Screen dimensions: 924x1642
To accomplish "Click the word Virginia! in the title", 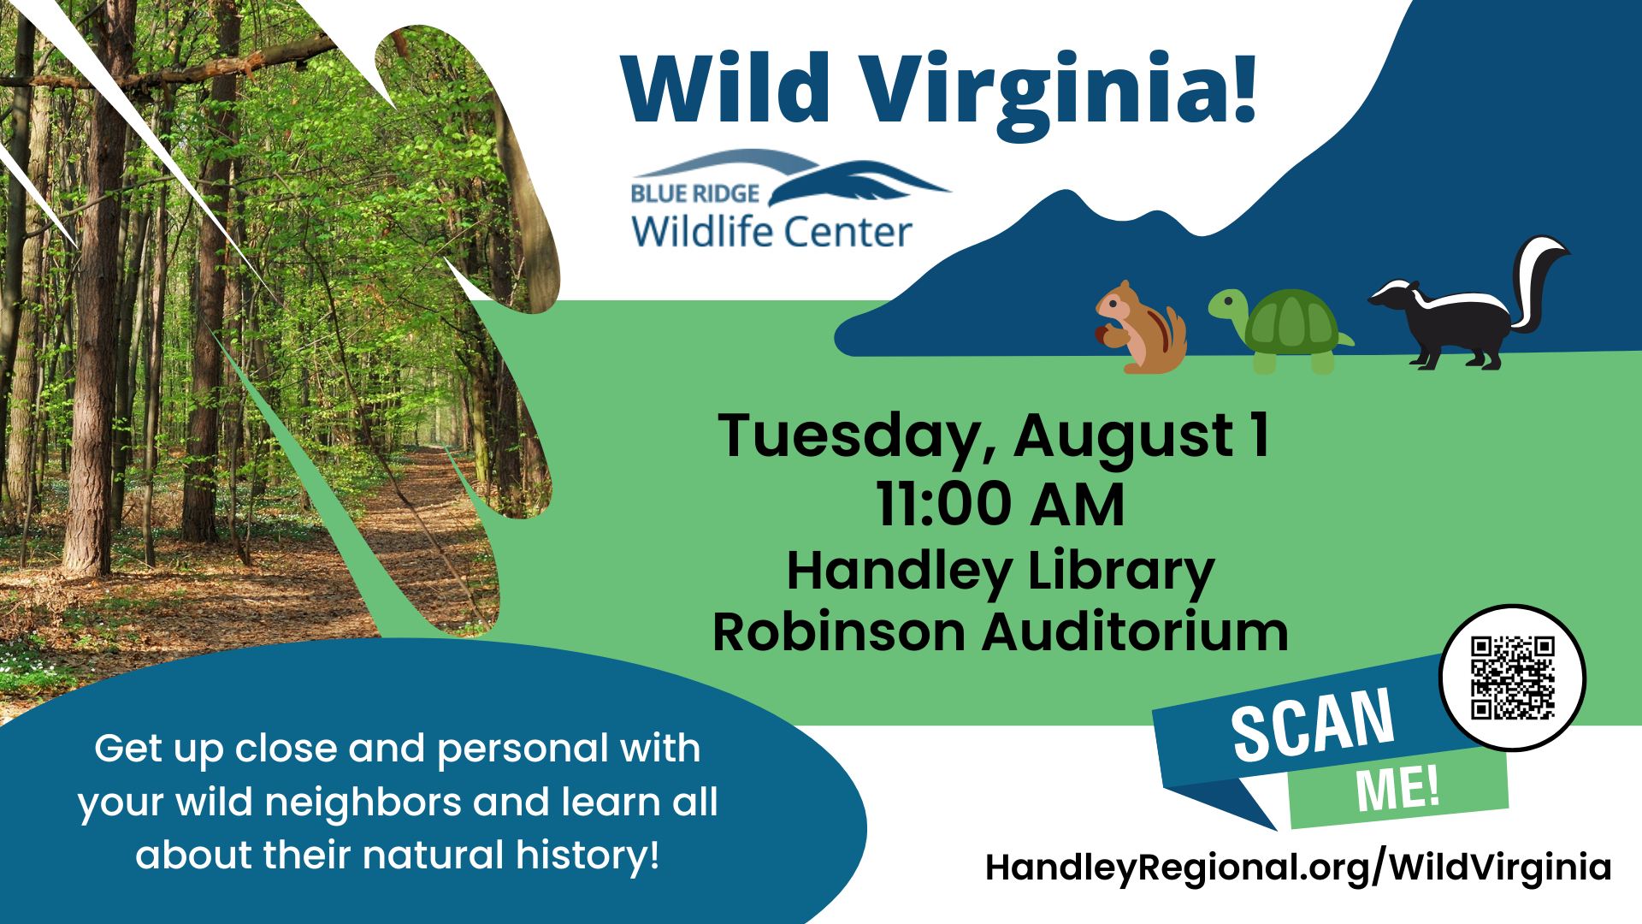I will click(x=1058, y=91).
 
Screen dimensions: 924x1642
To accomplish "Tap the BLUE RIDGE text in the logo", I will click(x=694, y=194).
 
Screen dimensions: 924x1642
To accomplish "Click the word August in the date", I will click(x=1124, y=437).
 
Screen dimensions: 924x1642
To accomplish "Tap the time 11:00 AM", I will click(x=1000, y=505).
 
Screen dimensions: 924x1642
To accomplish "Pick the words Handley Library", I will click(x=1000, y=572).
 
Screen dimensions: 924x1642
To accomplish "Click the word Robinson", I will click(x=839, y=633).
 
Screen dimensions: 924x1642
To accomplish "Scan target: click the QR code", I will click(x=1512, y=678).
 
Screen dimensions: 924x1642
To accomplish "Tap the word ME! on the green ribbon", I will click(x=1397, y=788).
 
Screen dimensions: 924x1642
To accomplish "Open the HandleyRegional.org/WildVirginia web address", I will click(x=1297, y=868).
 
